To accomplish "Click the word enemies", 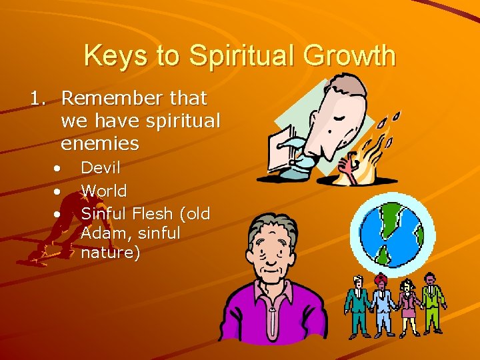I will click(x=100, y=143).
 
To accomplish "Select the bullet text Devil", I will click(x=100, y=169).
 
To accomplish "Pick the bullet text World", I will click(x=103, y=191).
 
